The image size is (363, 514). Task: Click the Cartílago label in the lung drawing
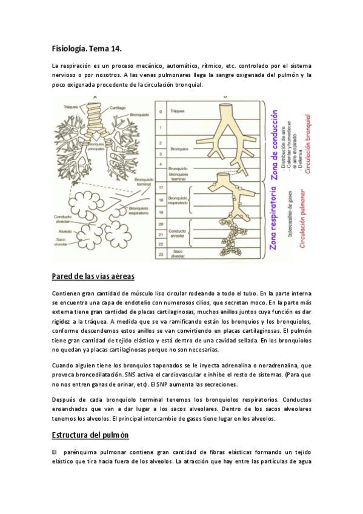118,107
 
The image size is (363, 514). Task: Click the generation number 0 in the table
161,112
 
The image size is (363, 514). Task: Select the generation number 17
161,188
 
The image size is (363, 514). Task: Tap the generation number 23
161,255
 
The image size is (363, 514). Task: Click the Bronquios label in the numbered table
180,147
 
